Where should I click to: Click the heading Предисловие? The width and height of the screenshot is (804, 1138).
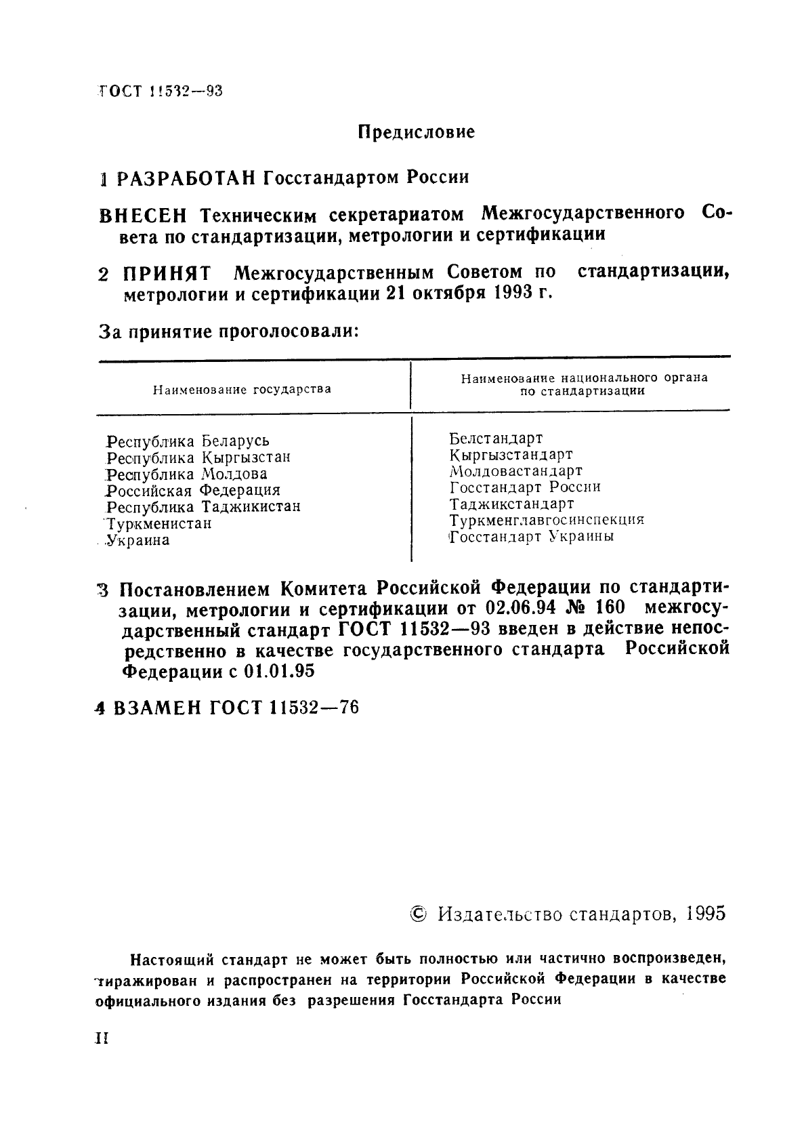pos(416,132)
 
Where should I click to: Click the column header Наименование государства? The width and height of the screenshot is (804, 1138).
pos(242,390)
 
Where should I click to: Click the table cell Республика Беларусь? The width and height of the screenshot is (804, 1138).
pos(188,441)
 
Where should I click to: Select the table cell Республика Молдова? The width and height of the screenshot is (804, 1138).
pos(187,474)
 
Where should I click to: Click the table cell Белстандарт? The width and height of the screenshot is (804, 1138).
pos(496,439)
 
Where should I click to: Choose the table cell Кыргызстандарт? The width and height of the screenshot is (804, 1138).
pos(511,455)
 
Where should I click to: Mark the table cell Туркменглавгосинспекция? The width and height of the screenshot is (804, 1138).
pos(546,521)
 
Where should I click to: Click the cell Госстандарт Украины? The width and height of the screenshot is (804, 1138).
pos(532,537)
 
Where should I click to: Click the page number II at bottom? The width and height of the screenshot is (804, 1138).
pos(102,1039)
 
